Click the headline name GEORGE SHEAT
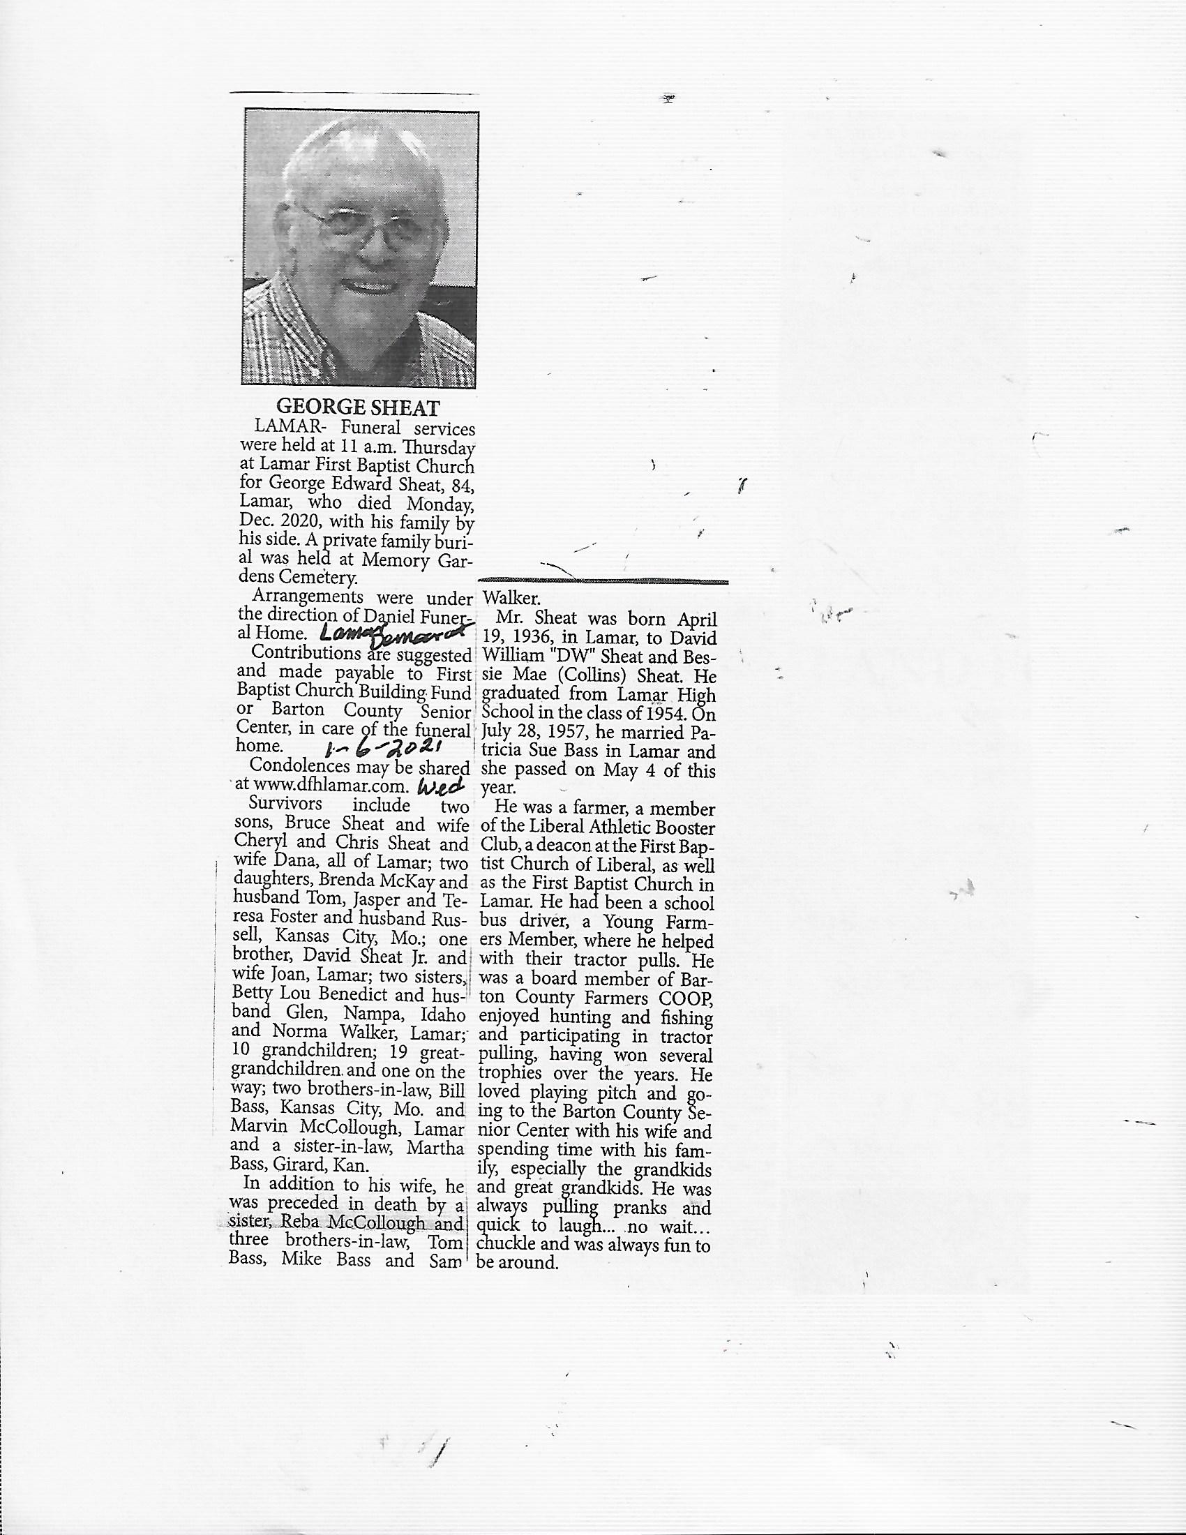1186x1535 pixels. tap(358, 407)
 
